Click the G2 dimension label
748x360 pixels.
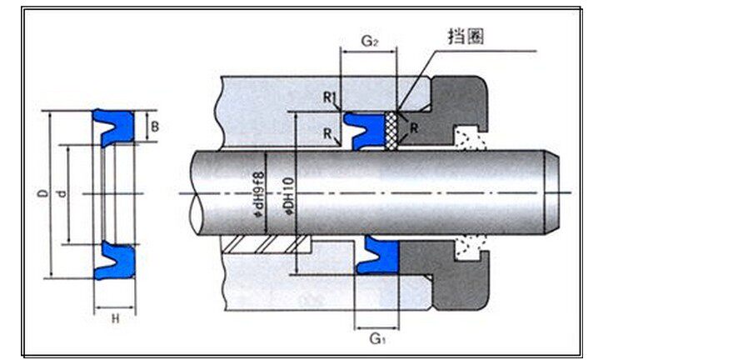coord(367,40)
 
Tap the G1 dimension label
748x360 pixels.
coord(376,338)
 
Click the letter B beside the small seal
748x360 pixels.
coord(155,127)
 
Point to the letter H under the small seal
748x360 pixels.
coord(115,318)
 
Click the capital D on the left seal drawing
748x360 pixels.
coord(40,194)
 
